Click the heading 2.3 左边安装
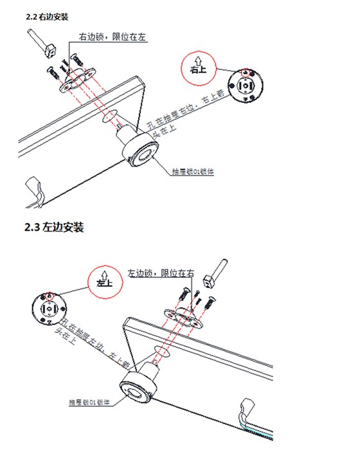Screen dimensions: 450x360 point(54,228)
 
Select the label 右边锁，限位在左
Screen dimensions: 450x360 point(113,38)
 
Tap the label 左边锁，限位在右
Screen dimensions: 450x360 point(160,273)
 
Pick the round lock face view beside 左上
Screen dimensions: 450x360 point(49,309)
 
